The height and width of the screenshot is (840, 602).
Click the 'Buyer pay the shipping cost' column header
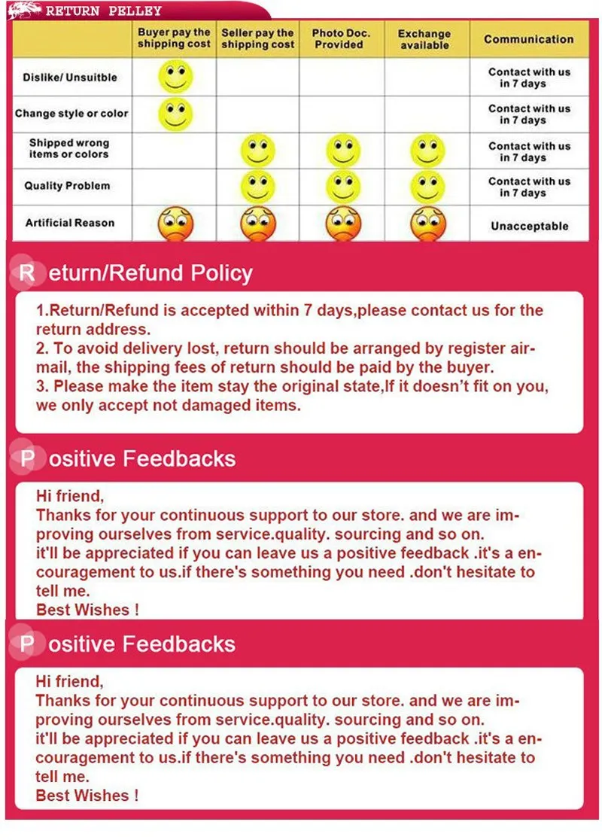(x=174, y=39)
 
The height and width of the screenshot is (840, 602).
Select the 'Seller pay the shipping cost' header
(x=257, y=39)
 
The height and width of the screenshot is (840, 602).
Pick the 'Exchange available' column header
(x=424, y=39)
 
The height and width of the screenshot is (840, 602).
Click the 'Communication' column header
(x=528, y=39)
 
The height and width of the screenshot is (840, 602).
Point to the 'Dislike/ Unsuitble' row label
(x=70, y=77)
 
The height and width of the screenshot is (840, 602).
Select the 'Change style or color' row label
(x=71, y=114)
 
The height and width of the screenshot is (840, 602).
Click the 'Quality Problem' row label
(x=67, y=186)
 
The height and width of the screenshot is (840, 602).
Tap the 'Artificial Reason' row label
(x=70, y=223)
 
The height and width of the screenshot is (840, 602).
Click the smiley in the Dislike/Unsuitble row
(x=175, y=77)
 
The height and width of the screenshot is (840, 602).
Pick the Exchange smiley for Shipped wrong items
(x=428, y=150)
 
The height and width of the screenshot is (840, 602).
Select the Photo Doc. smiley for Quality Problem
(x=343, y=187)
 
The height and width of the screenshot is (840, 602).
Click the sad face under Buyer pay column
(x=175, y=224)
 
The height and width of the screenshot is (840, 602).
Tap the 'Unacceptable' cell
(x=529, y=226)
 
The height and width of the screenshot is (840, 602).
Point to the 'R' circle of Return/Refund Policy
(x=26, y=272)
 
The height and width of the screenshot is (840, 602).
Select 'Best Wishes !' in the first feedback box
(x=87, y=610)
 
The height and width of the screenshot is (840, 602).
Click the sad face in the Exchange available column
(x=428, y=224)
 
